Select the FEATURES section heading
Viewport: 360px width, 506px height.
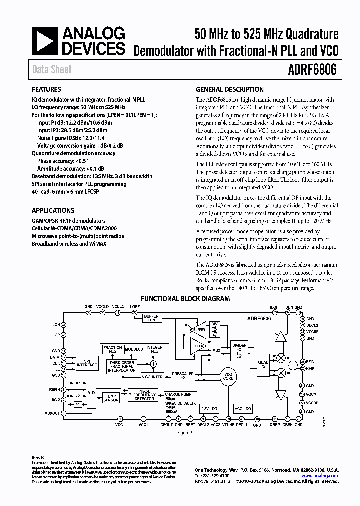47,90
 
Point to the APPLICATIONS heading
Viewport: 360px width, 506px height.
53,210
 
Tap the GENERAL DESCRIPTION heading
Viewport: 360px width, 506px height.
229,90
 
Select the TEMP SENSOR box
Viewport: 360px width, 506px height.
111,398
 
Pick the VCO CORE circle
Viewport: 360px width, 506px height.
228,376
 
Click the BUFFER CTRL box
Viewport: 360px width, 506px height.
151,318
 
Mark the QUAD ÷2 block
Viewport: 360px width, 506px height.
262,364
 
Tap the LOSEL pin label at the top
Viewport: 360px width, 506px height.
135,306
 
